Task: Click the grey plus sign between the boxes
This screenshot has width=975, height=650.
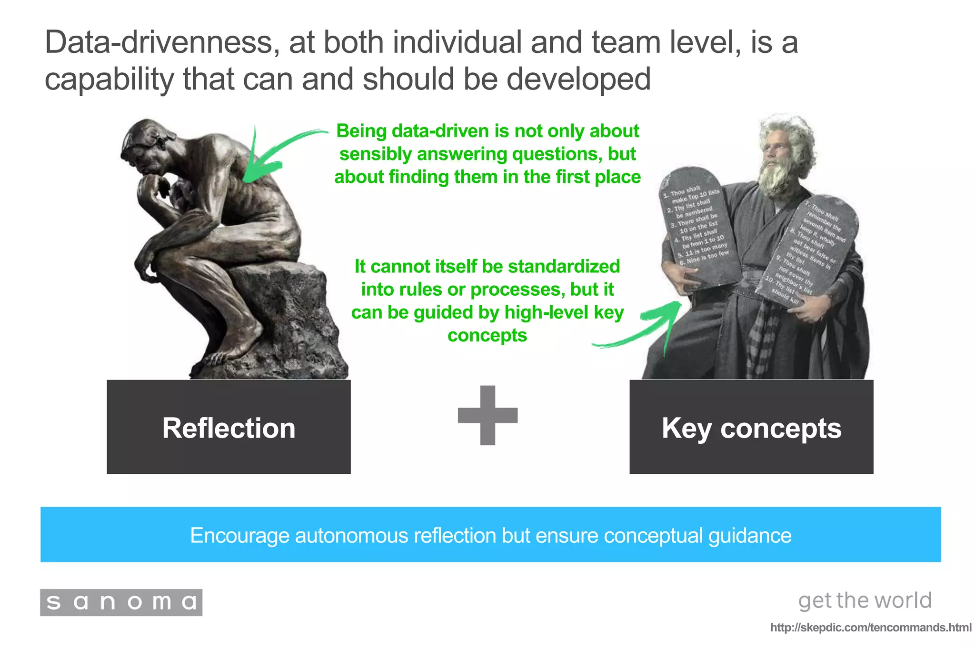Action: point(487,415)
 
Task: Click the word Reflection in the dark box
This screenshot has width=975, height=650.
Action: point(229,428)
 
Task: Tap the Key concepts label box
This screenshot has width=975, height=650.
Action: point(751,428)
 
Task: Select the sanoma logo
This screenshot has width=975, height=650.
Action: point(121,602)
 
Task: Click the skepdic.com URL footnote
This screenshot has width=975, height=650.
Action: point(871,628)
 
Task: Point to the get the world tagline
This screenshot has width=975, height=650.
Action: point(865,600)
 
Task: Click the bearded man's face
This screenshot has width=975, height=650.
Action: point(778,152)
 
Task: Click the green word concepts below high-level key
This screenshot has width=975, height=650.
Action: point(487,335)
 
